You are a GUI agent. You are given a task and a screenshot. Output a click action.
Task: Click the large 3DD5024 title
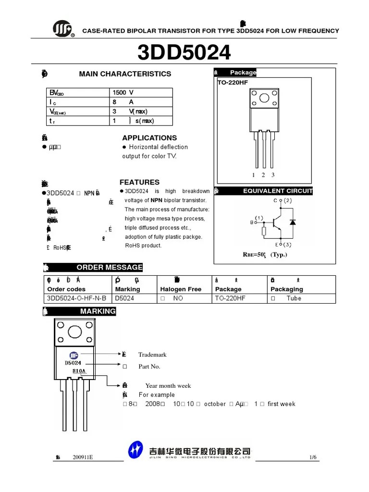[184, 52]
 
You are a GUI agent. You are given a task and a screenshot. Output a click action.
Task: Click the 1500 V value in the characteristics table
[123, 92]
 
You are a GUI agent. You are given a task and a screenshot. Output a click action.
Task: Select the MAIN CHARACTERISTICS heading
[125, 74]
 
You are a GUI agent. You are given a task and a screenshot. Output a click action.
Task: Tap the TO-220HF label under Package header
[232, 82]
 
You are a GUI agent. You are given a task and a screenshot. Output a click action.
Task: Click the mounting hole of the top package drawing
[264, 98]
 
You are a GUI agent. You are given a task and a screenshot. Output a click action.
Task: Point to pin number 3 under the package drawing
[273, 175]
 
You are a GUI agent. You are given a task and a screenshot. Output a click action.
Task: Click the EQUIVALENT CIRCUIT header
[278, 191]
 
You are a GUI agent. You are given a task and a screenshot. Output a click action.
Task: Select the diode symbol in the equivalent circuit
[293, 222]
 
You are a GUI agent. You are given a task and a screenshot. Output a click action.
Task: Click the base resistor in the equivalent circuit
[264, 232]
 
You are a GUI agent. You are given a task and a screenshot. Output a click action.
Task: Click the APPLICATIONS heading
[149, 138]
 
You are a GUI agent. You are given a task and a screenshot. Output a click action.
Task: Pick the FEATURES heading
[139, 183]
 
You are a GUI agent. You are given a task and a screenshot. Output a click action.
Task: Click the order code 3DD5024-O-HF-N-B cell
[77, 298]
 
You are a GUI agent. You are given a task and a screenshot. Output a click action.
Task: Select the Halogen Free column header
[181, 289]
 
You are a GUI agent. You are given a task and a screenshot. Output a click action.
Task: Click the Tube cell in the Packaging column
[294, 298]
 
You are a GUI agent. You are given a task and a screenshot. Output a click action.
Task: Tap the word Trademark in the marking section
[152, 355]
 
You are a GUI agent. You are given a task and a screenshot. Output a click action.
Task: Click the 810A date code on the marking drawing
[79, 371]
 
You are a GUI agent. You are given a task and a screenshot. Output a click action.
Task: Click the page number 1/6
[313, 457]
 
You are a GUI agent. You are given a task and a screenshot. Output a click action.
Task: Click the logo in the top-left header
[63, 30]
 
